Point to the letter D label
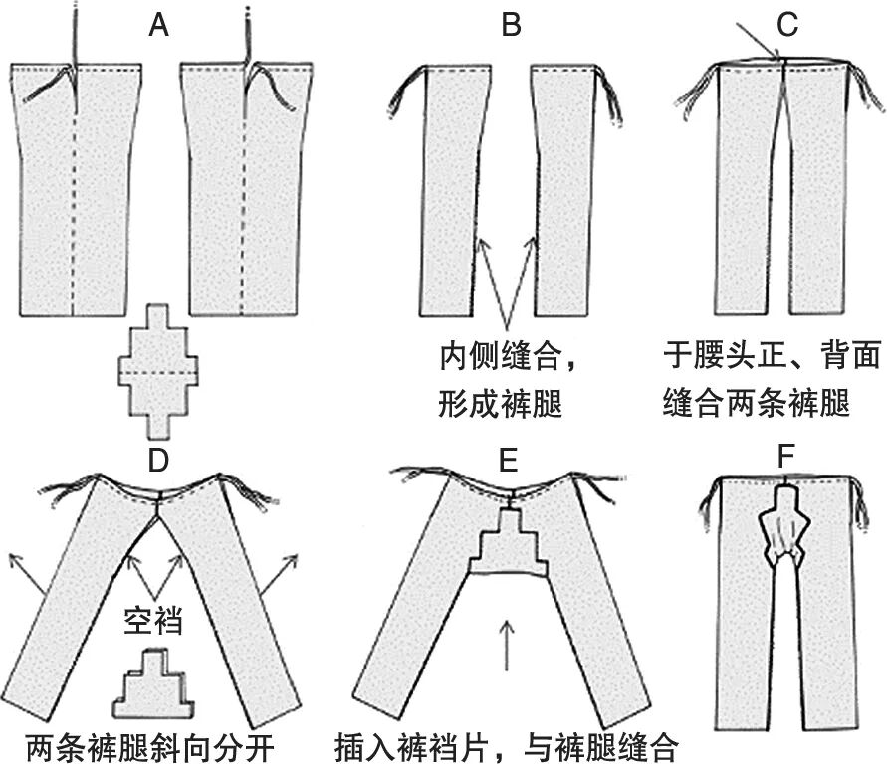pos(157,465)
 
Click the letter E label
pos(511,465)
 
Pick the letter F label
pos(786,460)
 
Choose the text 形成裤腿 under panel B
pos(501,403)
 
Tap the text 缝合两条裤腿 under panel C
pos(757,403)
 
